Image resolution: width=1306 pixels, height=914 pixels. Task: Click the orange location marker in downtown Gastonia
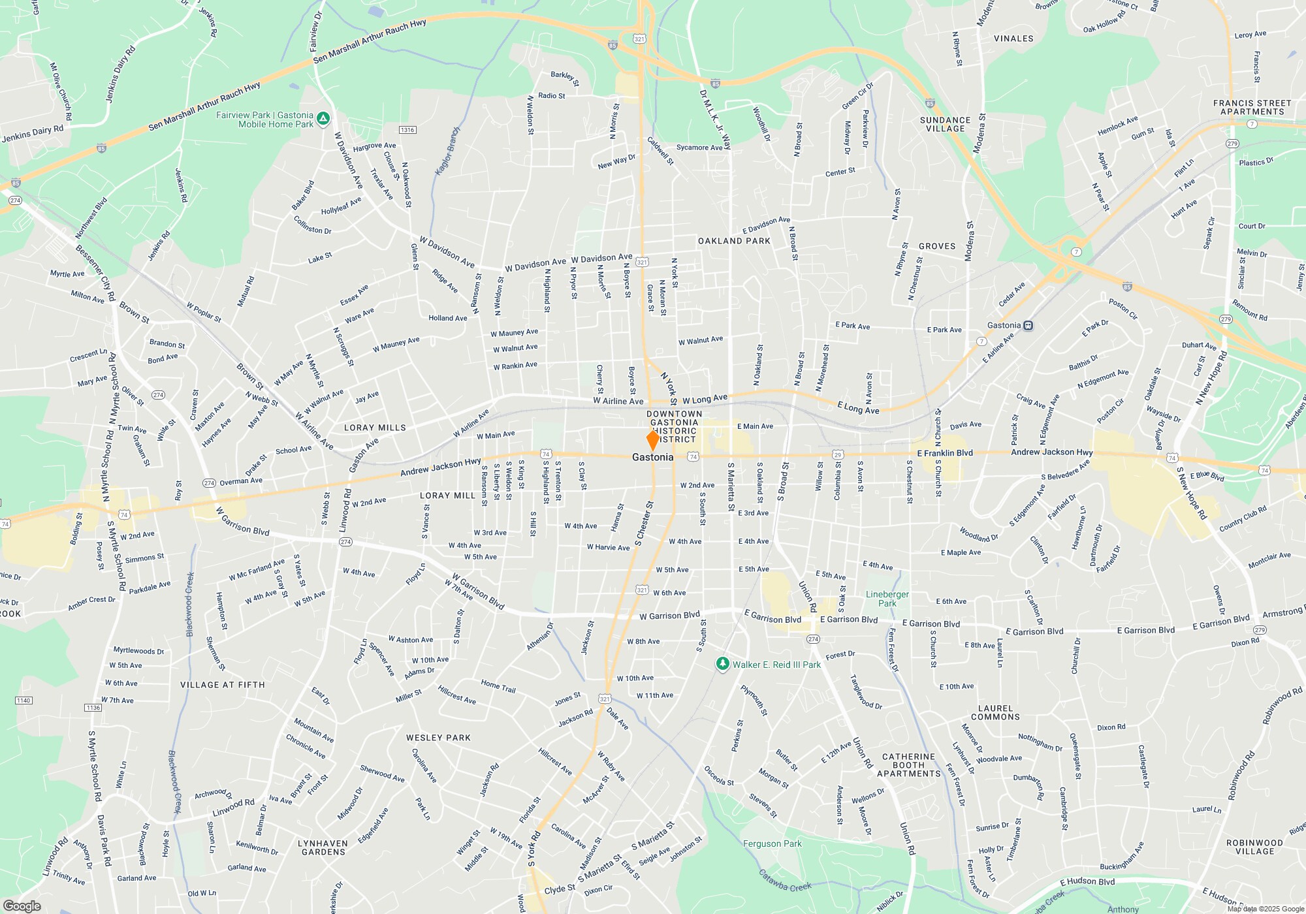[x=652, y=439]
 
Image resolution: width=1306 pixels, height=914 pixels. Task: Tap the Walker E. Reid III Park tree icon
[x=722, y=664]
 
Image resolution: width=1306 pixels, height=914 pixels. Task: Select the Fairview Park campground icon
[x=323, y=119]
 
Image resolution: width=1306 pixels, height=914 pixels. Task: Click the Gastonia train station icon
[x=1028, y=325]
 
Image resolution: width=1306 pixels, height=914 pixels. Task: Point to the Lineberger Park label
[x=887, y=599]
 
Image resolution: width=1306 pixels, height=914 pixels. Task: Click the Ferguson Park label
[x=772, y=843]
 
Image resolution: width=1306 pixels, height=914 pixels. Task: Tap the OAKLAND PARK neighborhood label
[x=734, y=241]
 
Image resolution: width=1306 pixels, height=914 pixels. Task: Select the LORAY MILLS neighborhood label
[x=375, y=428]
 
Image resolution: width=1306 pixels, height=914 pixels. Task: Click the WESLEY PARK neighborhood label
[x=438, y=738]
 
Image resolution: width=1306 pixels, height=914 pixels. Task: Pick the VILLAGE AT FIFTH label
[x=223, y=685]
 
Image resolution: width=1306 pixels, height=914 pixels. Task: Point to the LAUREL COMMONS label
[x=995, y=712]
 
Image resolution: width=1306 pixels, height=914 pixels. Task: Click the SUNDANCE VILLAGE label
[x=945, y=124]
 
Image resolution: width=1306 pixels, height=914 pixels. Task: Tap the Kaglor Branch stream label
[x=448, y=151]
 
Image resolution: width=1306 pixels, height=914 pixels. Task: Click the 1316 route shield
[x=407, y=130]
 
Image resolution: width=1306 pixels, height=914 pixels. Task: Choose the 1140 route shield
[x=24, y=701]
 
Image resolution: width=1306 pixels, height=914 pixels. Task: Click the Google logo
[x=22, y=906]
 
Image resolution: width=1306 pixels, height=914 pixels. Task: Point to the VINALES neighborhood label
[x=1013, y=39]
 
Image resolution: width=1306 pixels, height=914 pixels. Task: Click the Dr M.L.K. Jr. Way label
[x=715, y=119]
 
